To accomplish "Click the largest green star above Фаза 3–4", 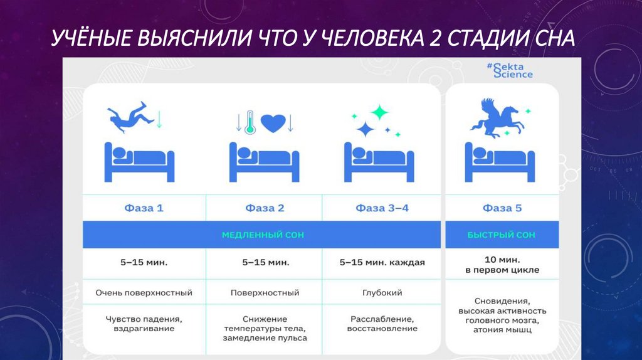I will pos(379,113).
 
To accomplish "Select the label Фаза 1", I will pos(144,208).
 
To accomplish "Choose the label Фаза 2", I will pos(265,208).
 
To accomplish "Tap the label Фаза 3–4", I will pos(382,208).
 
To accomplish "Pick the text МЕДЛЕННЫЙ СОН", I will pos(263,235).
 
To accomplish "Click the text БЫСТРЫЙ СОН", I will pos(502,235).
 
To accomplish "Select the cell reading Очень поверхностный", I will pos(144,293).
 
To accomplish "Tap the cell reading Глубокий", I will pos(382,293).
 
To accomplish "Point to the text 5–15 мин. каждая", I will pos(382,263).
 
